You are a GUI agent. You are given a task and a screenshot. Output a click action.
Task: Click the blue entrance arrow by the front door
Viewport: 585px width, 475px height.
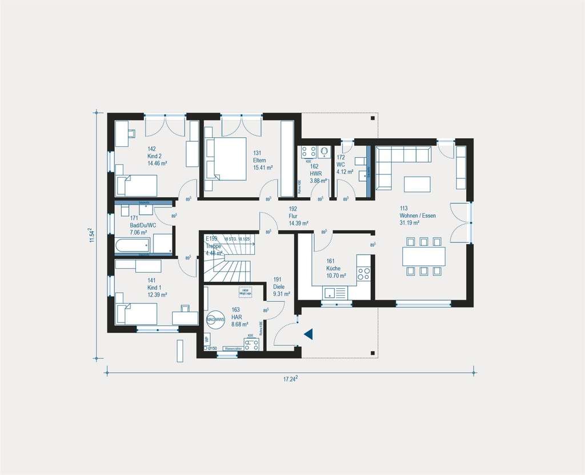coord(308,334)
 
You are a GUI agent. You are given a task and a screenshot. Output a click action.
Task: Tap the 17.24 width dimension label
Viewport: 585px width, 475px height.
coord(291,379)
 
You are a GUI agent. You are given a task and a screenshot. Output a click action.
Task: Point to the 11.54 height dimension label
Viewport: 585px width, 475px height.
coord(90,235)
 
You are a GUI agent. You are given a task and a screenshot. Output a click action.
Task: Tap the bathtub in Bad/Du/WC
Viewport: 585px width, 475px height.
coord(132,246)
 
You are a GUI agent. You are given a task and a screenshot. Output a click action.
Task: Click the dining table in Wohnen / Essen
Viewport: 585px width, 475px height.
coord(423,256)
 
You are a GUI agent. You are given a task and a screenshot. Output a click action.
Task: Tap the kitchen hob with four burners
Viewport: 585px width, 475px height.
coord(364,274)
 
